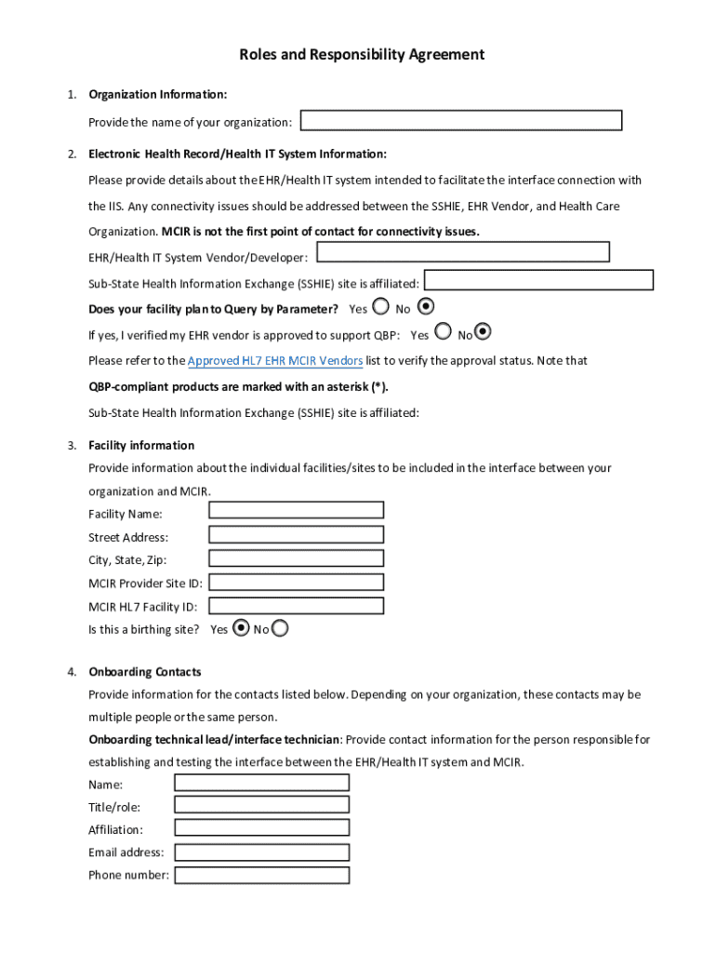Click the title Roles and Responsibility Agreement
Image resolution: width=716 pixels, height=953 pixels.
point(362,55)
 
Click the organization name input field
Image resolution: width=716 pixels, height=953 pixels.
point(461,121)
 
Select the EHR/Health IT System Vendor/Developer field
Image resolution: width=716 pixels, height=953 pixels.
point(463,252)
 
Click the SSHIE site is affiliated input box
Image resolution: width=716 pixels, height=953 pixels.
point(539,280)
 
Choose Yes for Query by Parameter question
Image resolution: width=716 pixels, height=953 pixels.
point(380,306)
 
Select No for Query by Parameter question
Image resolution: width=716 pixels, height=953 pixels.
point(426,305)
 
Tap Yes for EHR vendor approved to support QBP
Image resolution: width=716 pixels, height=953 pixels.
point(443,331)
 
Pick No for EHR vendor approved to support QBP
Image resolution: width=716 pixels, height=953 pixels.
point(483,331)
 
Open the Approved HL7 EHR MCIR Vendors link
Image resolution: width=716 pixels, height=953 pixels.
point(275,360)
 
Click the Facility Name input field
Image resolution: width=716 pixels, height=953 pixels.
point(296,510)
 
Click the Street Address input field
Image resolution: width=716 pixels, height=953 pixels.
point(296,534)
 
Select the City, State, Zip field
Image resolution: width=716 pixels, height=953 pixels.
point(296,558)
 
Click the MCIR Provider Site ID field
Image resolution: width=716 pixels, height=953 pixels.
point(296,582)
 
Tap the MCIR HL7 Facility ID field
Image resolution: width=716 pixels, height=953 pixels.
point(296,606)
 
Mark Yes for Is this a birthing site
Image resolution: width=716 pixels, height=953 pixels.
point(242,628)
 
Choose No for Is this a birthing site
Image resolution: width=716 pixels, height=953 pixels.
point(280,628)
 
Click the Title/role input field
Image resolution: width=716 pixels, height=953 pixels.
point(262,805)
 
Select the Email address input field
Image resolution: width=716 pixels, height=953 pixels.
point(262,852)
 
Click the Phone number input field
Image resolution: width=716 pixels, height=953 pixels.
point(262,875)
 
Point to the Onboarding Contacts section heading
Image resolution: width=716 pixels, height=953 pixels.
point(145,672)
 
